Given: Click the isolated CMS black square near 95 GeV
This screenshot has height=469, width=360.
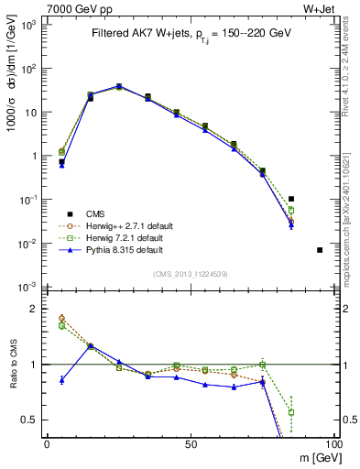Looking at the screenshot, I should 320,250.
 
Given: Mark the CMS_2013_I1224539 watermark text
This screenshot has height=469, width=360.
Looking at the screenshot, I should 190,273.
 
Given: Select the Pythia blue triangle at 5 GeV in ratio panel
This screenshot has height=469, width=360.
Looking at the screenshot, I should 61,379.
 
